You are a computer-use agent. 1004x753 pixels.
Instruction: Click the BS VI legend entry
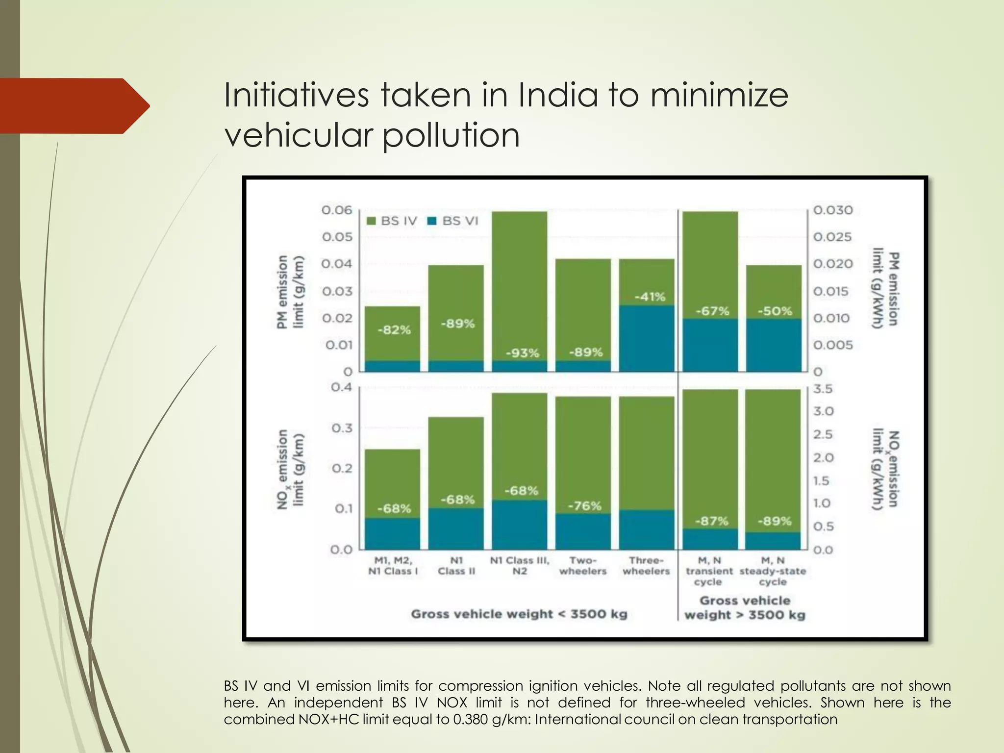[453, 221]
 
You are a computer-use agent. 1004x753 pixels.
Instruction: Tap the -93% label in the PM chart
[522, 353]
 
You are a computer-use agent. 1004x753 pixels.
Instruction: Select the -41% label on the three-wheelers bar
[650, 297]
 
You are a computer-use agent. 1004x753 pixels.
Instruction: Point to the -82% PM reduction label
[394, 330]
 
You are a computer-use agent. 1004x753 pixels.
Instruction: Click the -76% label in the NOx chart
[584, 505]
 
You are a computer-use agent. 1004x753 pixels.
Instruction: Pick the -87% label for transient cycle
[711, 521]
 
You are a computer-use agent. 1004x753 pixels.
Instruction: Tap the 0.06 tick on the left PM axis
[337, 210]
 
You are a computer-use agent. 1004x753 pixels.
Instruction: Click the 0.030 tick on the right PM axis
[833, 210]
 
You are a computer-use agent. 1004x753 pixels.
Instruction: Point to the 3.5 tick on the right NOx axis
[823, 389]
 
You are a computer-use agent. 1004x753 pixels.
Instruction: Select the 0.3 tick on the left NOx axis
[342, 428]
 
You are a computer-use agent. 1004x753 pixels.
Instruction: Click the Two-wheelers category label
[583, 566]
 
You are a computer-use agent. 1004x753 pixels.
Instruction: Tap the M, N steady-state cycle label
[773, 571]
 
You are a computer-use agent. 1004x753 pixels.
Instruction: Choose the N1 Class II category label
[456, 566]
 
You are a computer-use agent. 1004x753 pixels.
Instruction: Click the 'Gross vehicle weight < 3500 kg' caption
[519, 614]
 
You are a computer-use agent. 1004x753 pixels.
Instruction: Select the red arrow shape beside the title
[74, 106]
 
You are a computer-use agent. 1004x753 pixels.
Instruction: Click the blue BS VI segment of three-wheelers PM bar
[647, 338]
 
